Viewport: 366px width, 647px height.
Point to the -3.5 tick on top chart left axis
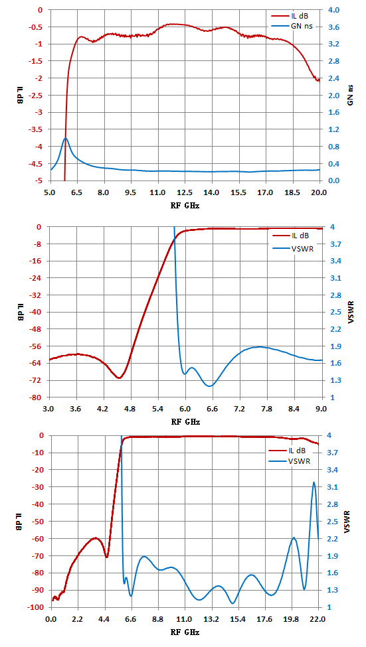[37, 129]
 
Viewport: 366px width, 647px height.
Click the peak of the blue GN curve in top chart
[65, 138]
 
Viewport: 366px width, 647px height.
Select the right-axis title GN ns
[350, 96]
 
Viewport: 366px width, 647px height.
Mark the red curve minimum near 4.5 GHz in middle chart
[119, 378]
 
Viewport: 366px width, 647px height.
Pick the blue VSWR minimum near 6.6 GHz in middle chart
[210, 386]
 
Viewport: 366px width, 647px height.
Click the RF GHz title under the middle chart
[185, 421]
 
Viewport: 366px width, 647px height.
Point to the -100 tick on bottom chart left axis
[35, 607]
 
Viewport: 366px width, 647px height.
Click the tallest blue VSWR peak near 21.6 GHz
[314, 482]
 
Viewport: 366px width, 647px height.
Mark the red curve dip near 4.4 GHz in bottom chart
[106, 557]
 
